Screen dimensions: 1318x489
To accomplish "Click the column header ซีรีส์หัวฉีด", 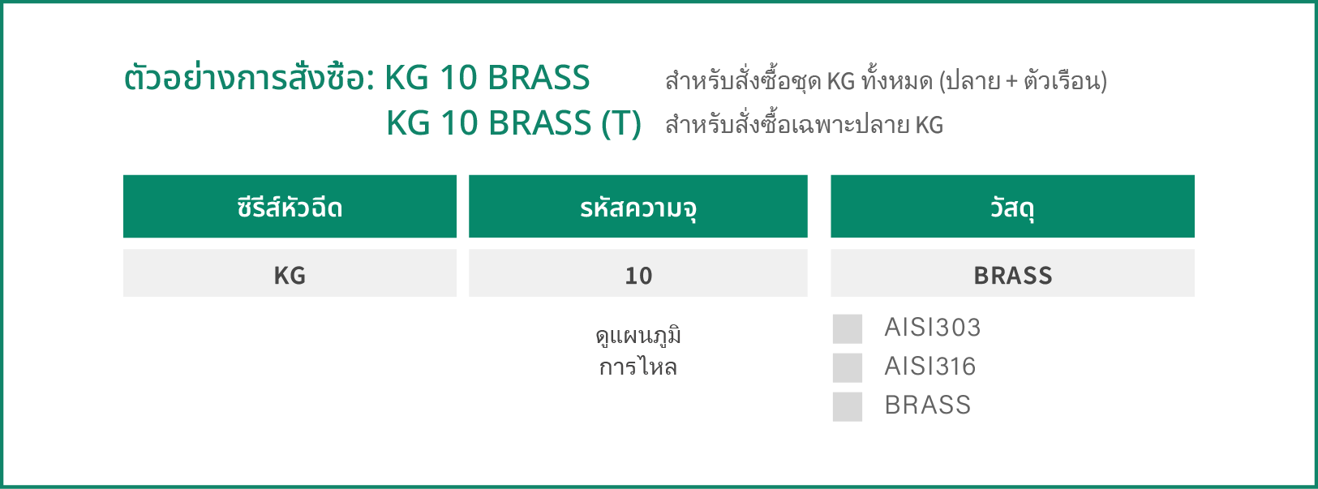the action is [x=290, y=207].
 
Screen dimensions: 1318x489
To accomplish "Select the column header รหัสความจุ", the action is [x=638, y=207].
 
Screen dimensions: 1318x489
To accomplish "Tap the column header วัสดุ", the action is [x=1012, y=207].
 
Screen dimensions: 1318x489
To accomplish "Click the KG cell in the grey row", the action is [x=290, y=273].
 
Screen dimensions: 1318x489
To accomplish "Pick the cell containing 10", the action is [x=638, y=273].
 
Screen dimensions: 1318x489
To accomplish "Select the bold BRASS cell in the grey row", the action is [x=1012, y=273].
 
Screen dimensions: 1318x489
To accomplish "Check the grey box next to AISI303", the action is [x=848, y=328].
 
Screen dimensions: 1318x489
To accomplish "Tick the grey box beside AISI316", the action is [x=848, y=368].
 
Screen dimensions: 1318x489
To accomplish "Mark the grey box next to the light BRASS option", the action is [x=848, y=406].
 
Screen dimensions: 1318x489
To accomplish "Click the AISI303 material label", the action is [x=933, y=327].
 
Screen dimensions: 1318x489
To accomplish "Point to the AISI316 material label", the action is [x=930, y=366].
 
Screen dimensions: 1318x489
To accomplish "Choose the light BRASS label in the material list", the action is [x=928, y=405].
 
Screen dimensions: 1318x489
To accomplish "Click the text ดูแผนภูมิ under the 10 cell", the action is [x=638, y=336].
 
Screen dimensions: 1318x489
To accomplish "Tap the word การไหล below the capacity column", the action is [x=638, y=367].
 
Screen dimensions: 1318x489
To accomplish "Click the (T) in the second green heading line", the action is [x=621, y=123].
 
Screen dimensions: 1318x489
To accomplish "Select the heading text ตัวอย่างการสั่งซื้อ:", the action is [x=250, y=78].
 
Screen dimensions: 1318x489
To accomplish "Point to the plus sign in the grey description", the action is [x=1011, y=81].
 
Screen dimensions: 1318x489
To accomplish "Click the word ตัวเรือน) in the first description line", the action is [x=1066, y=80].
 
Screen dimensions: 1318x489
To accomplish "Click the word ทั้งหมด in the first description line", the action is [x=897, y=80].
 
